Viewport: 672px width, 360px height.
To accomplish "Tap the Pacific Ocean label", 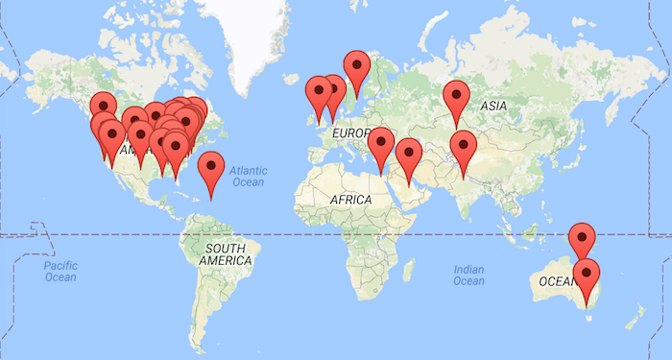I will click(60, 270).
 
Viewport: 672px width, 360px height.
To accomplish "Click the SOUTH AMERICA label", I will click(226, 254).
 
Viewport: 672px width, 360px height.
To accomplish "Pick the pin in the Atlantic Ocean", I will click(211, 169).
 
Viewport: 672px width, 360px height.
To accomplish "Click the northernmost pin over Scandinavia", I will click(358, 67).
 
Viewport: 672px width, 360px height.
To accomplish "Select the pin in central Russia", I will click(455, 97).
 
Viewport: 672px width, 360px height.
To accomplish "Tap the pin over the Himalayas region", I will click(464, 148).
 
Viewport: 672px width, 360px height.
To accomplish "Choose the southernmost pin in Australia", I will click(586, 276).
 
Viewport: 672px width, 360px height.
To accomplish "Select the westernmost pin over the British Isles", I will click(318, 94).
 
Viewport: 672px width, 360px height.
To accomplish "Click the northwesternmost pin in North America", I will click(103, 107).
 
